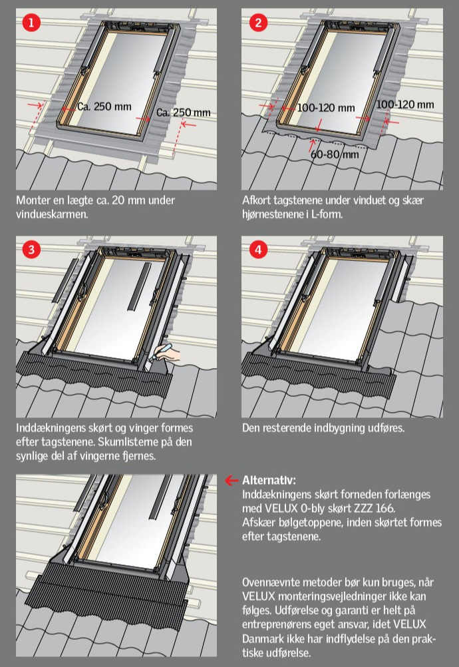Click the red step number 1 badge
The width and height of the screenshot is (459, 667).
(31, 22)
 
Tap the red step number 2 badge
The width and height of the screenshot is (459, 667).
(258, 22)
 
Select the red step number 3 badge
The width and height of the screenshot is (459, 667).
(31, 249)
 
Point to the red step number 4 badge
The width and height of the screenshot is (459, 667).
(258, 249)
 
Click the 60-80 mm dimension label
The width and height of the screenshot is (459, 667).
(335, 154)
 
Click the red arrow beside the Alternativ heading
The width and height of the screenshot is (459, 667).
(231, 480)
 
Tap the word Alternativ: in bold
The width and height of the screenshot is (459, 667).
(269, 480)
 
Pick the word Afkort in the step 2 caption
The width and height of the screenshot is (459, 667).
(256, 200)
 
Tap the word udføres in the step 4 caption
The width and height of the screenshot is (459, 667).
(386, 427)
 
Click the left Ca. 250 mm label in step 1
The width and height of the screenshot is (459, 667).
(104, 107)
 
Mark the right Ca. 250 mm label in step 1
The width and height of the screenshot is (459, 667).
(184, 112)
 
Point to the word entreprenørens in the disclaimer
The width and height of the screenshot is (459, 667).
(281, 624)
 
